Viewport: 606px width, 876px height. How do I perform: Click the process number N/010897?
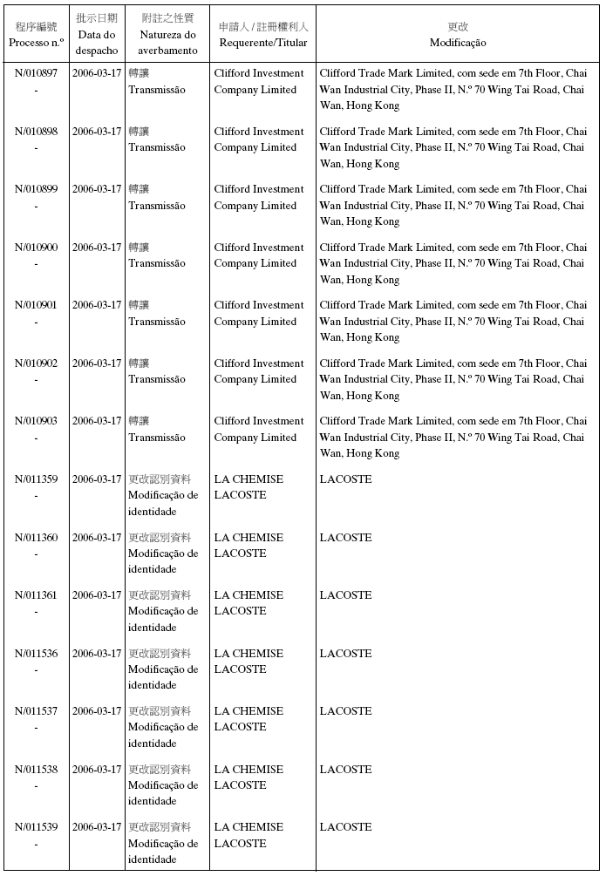[x=37, y=73]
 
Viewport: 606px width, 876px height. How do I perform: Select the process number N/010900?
[x=37, y=248]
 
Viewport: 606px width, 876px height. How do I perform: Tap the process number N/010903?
[x=37, y=421]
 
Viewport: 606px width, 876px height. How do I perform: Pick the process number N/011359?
[x=37, y=479]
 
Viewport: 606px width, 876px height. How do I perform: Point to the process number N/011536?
[x=37, y=654]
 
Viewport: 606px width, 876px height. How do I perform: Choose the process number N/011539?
[x=37, y=827]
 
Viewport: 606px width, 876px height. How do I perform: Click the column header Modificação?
[x=458, y=43]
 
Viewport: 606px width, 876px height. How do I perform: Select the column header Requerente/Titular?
[x=262, y=43]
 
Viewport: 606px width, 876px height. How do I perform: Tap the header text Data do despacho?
[x=96, y=43]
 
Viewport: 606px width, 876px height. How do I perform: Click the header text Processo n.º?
[x=37, y=43]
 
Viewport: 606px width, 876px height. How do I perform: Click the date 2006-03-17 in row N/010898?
[x=96, y=132]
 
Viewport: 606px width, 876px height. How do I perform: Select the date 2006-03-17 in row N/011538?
[x=96, y=770]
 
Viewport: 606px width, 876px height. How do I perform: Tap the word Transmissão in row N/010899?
[x=157, y=206]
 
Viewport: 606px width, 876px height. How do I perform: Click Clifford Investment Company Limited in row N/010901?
[x=259, y=314]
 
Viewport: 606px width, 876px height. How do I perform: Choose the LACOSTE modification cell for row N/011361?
[x=345, y=595]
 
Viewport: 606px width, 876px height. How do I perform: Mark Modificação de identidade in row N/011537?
[x=163, y=727]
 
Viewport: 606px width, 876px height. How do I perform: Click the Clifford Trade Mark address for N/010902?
[x=453, y=379]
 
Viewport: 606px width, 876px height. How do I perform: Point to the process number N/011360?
[x=37, y=538]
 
